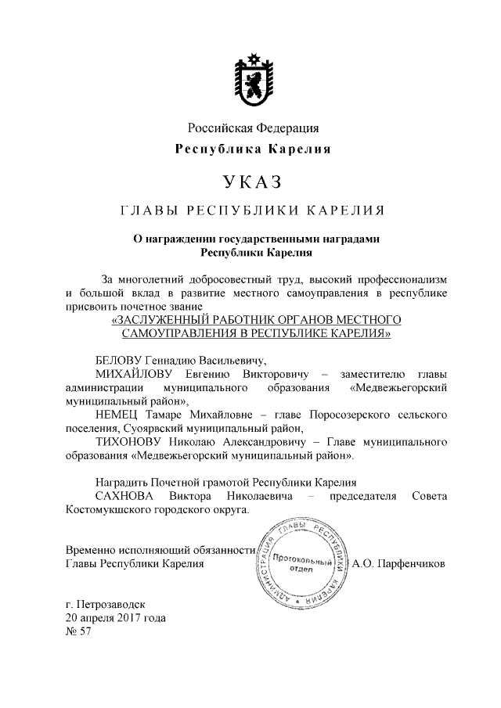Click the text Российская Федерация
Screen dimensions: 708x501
point(252,128)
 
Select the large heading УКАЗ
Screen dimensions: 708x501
point(251,181)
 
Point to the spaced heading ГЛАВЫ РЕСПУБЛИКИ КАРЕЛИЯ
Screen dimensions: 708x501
point(251,211)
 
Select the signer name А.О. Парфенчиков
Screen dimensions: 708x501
point(399,562)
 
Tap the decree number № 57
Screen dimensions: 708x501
point(80,631)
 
